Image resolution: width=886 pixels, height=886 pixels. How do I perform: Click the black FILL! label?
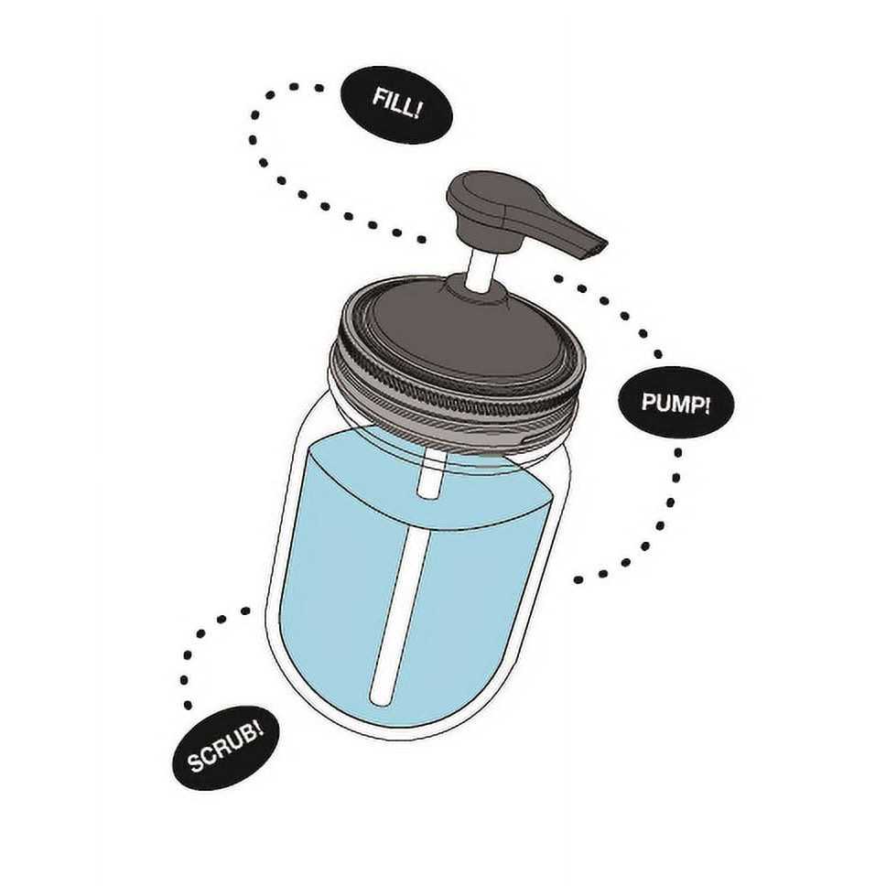(x=396, y=105)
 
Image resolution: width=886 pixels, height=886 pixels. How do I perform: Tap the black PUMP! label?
(x=676, y=404)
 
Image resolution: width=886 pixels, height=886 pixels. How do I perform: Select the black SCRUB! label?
(x=226, y=748)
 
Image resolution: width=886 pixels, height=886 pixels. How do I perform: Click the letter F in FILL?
(x=377, y=96)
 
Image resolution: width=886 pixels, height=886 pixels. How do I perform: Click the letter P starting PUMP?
(x=648, y=402)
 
